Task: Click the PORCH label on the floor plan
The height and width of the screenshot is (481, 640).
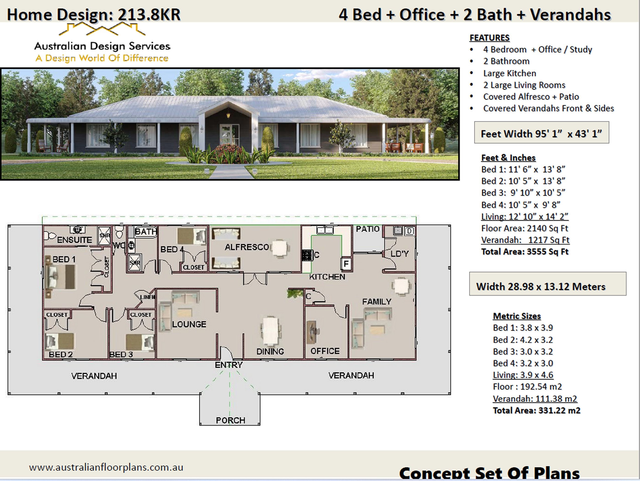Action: click(x=230, y=420)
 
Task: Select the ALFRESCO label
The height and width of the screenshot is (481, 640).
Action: click(x=247, y=247)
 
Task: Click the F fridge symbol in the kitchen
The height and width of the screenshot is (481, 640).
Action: click(x=346, y=264)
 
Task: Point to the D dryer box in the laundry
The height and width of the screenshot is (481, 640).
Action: click(x=410, y=231)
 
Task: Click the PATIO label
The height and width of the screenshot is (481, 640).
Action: click(x=368, y=229)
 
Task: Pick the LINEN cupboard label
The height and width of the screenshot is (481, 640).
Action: click(x=147, y=297)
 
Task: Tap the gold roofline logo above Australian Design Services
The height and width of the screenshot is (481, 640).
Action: click(x=102, y=29)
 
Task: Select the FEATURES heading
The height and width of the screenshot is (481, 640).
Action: click(x=489, y=38)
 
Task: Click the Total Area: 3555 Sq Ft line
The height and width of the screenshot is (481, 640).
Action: click(x=525, y=252)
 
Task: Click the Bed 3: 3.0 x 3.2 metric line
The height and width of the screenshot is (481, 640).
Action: click(x=523, y=351)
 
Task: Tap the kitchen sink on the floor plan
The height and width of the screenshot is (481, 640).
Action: click(x=325, y=230)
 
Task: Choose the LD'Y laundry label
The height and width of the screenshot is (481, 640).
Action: click(x=399, y=254)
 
